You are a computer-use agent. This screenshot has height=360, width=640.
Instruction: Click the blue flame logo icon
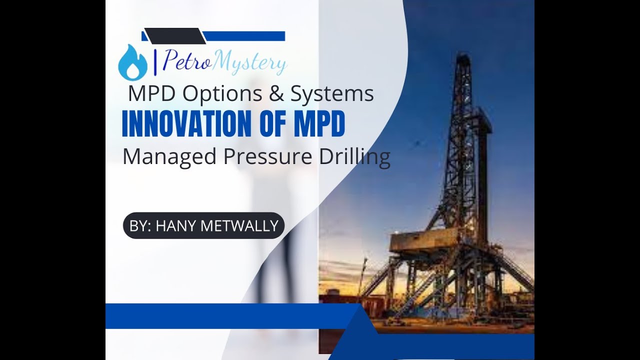132,63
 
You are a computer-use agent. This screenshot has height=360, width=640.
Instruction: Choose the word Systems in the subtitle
332,93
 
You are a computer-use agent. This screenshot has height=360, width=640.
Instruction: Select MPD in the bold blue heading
319,125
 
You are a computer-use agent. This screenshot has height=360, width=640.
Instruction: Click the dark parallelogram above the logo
175,36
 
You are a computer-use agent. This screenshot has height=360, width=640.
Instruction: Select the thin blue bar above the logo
245,36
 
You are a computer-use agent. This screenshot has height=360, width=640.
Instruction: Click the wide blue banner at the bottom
230,316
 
